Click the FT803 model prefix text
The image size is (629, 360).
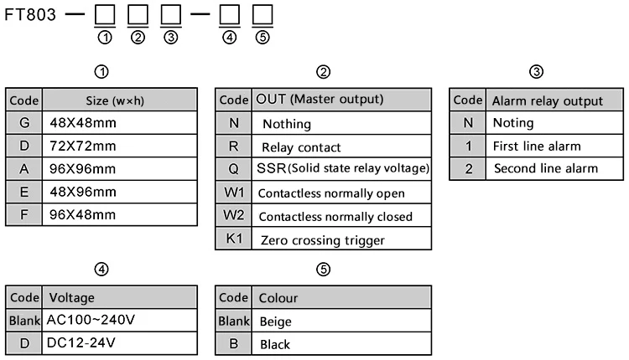pos(30,15)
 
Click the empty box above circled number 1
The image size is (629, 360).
pos(105,15)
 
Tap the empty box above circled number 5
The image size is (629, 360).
pos(263,15)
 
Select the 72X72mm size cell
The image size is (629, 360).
pos(120,146)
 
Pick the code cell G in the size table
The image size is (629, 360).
pos(24,122)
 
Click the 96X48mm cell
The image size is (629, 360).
pos(120,214)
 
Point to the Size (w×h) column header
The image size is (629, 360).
pos(120,100)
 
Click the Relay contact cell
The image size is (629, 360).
pos(341,147)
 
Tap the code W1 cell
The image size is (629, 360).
pos(234,193)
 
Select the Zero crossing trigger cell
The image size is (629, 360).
pos(341,239)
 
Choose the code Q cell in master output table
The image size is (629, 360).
pos(234,169)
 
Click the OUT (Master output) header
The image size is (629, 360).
pos(341,100)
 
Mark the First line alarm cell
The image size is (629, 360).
pos(554,146)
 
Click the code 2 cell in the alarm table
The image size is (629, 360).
pos(468,168)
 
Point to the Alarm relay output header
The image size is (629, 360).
pos(554,100)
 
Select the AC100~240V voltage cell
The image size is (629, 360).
pos(120,320)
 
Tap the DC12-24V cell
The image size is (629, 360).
pos(120,343)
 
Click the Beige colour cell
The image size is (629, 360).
pos(341,321)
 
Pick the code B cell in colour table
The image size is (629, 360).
pos(234,343)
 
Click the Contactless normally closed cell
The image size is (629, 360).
pos(341,216)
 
